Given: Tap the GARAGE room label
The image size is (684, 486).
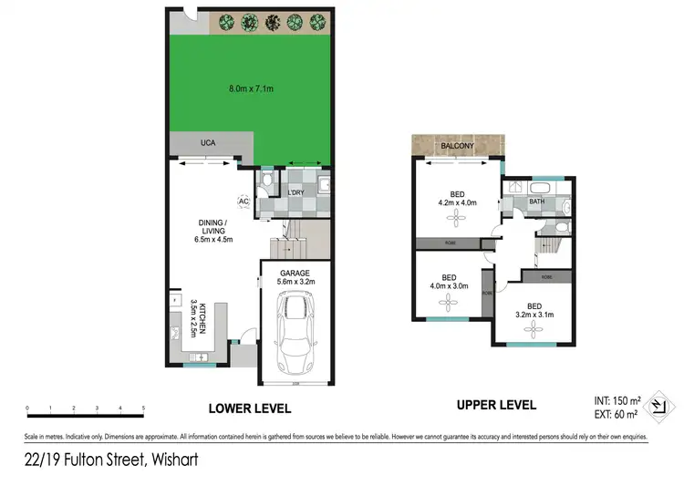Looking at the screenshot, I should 295,273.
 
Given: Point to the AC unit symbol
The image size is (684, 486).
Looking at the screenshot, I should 244,202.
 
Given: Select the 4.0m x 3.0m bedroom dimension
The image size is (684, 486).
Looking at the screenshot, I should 449,286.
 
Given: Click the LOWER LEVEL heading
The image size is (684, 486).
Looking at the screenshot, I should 250,408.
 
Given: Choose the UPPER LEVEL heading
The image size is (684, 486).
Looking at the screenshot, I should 497,405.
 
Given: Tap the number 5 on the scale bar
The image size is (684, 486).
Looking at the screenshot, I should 144,408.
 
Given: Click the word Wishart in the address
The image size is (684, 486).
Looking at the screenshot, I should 171,460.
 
